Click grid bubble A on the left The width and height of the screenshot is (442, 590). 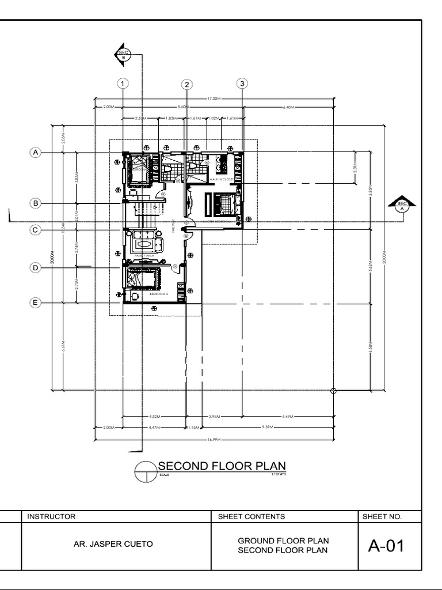(36, 153)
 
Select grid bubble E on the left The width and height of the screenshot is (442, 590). (36, 303)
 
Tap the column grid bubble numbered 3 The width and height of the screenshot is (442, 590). (242, 84)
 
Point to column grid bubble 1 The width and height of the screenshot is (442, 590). (123, 84)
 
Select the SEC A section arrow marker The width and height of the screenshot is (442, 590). (402, 204)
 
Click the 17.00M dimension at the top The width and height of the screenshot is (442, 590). (214, 99)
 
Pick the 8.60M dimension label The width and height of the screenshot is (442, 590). (183, 107)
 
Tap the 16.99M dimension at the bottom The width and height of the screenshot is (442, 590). (214, 438)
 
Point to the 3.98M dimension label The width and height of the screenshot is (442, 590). (214, 416)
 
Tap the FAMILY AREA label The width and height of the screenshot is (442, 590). (143, 255)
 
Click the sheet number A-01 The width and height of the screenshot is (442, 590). (386, 546)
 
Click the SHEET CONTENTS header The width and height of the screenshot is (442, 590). (252, 517)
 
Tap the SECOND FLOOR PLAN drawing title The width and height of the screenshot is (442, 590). (222, 466)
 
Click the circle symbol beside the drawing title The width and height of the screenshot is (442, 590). (145, 471)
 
